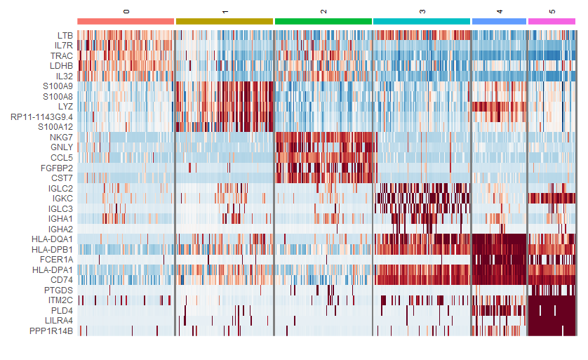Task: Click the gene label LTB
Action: (65, 35)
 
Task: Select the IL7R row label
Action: (63, 46)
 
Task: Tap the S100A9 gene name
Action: (58, 86)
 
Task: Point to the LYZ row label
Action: (66, 107)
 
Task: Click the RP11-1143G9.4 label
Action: (41, 116)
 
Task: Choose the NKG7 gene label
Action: (61, 138)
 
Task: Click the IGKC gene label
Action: (62, 199)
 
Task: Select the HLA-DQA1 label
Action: (52, 239)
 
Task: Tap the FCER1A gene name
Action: (57, 260)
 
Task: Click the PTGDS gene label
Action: (59, 290)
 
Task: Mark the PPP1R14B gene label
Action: (51, 331)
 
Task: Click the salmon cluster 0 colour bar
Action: (126, 22)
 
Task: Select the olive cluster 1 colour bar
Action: (224, 22)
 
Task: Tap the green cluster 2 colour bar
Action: (323, 22)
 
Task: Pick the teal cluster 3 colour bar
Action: (421, 22)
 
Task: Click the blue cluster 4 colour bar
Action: (499, 22)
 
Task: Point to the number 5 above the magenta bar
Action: (552, 12)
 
